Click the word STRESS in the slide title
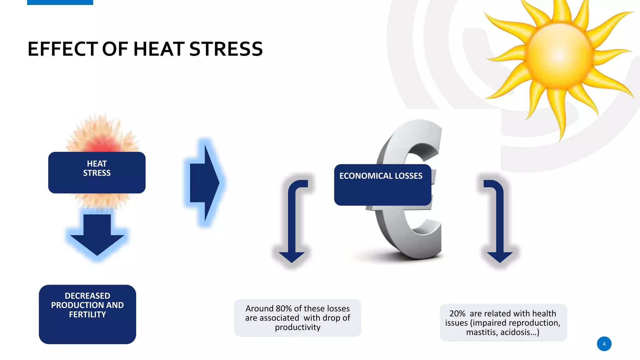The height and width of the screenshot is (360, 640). [x=226, y=49]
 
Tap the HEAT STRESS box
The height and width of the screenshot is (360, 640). [x=97, y=172]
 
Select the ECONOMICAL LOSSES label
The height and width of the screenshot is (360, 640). [x=381, y=176]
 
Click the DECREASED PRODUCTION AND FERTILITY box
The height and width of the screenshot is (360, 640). [x=87, y=314]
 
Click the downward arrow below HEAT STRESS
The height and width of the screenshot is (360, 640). [x=97, y=234]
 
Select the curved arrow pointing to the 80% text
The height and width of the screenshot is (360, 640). [x=292, y=219]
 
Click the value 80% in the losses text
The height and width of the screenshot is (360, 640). [x=284, y=308]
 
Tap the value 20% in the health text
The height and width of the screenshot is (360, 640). [x=457, y=313]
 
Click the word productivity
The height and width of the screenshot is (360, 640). [x=298, y=327]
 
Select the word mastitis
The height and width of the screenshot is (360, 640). [x=481, y=332]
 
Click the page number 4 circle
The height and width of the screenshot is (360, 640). [x=604, y=344]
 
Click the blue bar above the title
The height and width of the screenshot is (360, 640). [x=60, y=2]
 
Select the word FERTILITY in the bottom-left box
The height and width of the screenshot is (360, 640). [x=87, y=314]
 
